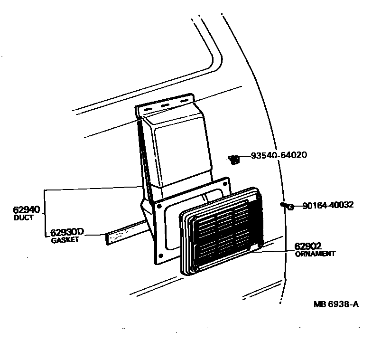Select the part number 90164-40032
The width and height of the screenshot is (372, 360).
327,206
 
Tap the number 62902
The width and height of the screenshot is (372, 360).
308,246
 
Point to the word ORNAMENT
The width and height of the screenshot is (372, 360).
315,254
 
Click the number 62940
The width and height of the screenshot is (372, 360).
26,210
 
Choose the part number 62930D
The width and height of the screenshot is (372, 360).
67,232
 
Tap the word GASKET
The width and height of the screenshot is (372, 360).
65,240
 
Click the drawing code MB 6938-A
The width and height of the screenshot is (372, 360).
335,304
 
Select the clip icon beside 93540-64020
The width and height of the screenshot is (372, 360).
233,160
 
